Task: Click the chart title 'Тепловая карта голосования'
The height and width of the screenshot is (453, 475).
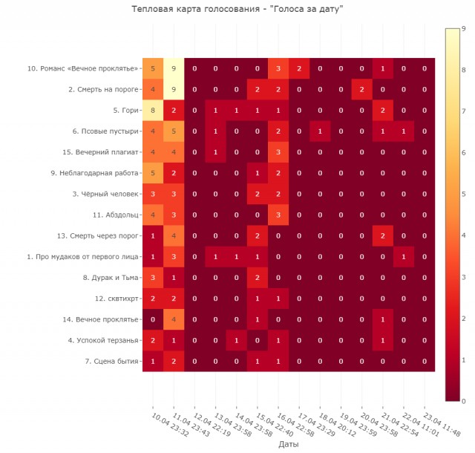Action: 196,9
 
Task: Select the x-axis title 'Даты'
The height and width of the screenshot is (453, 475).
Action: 289,444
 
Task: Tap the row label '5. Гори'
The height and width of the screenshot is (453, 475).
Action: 125,111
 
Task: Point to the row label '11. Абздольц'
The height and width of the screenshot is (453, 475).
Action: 116,215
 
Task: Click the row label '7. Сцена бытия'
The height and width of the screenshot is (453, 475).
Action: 112,362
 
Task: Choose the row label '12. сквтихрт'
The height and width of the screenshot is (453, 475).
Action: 117,299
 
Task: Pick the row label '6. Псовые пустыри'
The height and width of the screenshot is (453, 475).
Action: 105,131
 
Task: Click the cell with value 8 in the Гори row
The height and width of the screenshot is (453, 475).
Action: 153,111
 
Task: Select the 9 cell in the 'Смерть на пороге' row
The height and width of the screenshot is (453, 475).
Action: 174,89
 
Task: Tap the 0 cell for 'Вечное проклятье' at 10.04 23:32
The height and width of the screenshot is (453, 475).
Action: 153,319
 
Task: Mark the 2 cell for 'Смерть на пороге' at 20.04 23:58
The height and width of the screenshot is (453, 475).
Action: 361,89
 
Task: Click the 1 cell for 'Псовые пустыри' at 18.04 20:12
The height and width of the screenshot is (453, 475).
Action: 320,131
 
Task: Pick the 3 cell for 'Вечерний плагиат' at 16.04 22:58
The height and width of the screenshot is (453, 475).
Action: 278,152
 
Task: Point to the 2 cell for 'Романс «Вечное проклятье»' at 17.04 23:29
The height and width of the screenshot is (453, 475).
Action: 299,68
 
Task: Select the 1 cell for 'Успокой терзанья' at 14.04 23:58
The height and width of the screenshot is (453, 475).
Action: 236,341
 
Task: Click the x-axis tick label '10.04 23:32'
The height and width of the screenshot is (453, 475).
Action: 170,424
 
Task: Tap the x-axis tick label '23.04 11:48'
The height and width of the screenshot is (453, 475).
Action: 442,424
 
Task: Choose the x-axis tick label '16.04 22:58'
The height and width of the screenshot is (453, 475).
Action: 295,424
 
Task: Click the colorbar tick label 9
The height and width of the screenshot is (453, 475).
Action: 463,28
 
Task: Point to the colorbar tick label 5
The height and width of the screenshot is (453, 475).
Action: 463,194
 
